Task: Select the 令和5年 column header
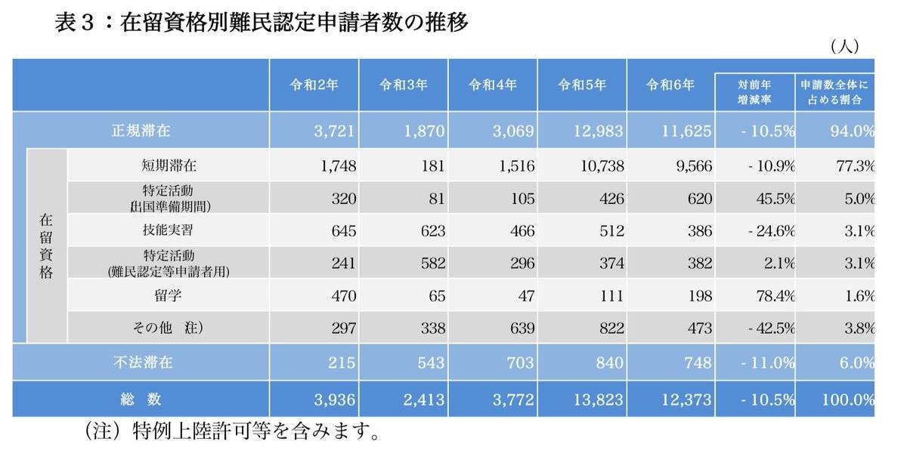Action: pyautogui.click(x=581, y=85)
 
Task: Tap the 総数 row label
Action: pyautogui.click(x=141, y=399)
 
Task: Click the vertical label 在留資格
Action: pyautogui.click(x=46, y=246)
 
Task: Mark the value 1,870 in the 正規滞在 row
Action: pyautogui.click(x=426, y=131)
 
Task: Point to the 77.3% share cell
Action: pyautogui.click(x=855, y=165)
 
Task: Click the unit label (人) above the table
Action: pyautogui.click(x=844, y=47)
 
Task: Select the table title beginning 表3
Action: pyautogui.click(x=262, y=23)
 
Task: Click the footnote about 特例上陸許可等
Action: pyautogui.click(x=231, y=433)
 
